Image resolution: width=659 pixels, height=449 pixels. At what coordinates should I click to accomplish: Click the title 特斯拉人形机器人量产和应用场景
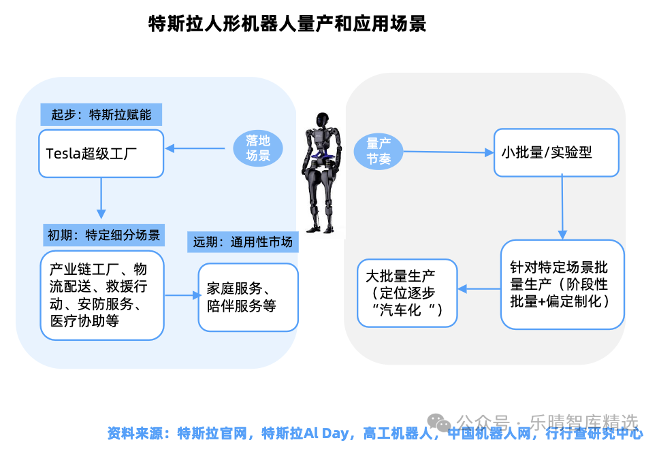point(287,24)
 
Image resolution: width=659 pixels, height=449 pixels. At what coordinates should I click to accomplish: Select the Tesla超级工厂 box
point(101,153)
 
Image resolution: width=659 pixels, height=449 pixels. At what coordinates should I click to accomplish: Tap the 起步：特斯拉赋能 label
point(101,114)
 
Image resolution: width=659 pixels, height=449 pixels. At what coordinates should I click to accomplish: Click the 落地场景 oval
point(257,148)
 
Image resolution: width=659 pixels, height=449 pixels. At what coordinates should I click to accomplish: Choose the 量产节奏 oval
point(379,151)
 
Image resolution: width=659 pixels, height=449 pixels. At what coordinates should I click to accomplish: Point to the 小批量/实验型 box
point(556,152)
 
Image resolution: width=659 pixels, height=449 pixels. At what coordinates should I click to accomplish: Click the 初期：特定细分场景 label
point(103,235)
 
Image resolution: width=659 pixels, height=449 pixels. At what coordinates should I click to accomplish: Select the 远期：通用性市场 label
point(243,242)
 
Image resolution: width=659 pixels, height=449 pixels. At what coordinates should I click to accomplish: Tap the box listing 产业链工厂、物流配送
point(102,295)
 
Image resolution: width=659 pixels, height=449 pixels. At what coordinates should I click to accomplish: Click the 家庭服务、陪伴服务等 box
point(248,297)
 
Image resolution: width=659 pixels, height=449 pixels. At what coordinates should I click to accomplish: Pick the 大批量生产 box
point(407,293)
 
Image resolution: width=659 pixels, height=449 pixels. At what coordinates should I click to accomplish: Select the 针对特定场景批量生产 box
point(562,284)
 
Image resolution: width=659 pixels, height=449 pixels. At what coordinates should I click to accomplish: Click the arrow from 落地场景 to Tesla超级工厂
point(195,148)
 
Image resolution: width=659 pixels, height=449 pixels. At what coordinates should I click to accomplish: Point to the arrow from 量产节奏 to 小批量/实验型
point(448,152)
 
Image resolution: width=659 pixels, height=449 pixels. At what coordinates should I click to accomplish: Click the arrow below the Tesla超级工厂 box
point(101,198)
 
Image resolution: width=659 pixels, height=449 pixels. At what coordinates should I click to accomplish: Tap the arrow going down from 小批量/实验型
point(562,207)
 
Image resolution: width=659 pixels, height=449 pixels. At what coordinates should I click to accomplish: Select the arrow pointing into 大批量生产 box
point(479,289)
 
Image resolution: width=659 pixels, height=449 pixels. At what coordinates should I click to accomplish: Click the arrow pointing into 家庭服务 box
point(182,295)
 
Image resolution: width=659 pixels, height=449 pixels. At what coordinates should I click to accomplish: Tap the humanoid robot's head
point(323,120)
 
